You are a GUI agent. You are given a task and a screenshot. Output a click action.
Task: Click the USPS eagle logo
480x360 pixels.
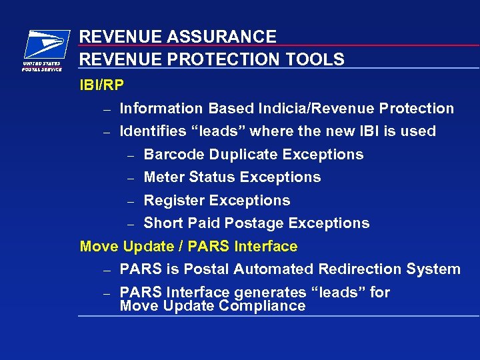[45, 46]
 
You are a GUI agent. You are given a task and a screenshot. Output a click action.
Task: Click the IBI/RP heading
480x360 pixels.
[101, 85]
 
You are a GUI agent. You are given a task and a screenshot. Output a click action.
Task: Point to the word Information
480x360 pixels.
[161, 108]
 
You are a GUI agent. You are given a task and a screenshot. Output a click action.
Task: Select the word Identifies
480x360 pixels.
[150, 131]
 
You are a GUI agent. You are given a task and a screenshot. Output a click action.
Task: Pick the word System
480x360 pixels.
[436, 269]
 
